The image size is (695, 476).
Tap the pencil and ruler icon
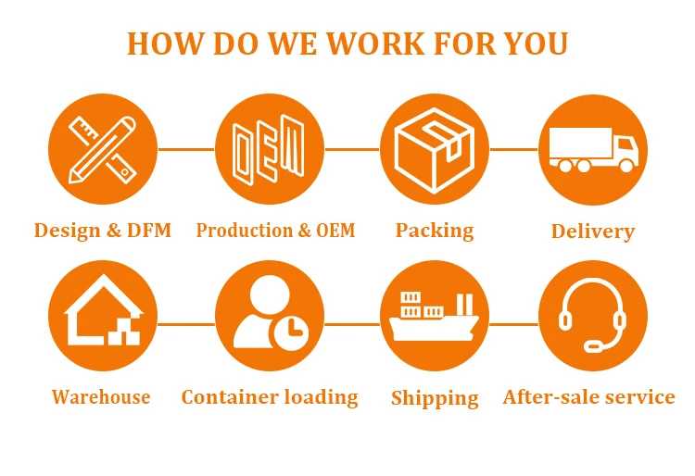(102, 148)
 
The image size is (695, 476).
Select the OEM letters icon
(269, 148)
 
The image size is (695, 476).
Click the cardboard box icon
(435, 148)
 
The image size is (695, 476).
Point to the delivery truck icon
(593, 148)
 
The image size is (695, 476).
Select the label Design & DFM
(102, 230)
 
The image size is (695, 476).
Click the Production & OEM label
(275, 230)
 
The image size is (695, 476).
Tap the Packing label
(435, 230)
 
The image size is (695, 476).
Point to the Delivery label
(593, 231)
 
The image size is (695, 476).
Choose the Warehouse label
(101, 397)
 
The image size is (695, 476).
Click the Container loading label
(270, 397)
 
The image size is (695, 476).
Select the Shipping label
(435, 398)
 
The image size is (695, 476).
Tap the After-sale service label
(589, 397)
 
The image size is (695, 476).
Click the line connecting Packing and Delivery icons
(513, 148)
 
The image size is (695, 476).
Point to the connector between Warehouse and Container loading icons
(185, 324)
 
